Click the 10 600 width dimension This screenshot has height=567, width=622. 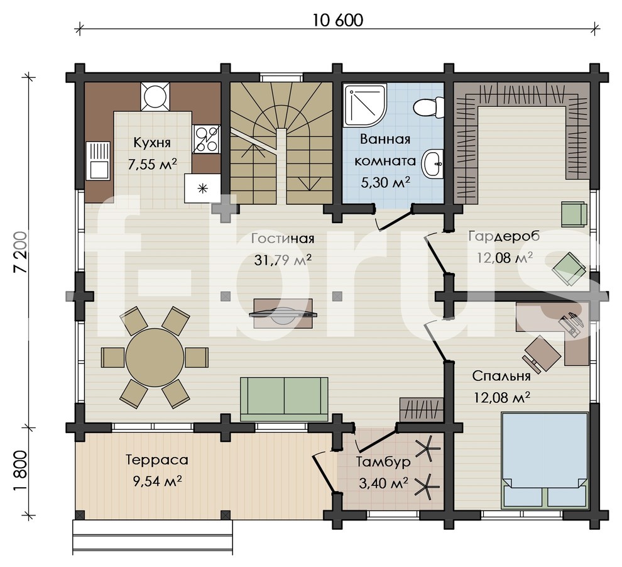click(338, 21)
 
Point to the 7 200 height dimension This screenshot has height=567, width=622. click(21, 252)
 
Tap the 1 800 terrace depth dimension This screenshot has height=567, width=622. click(21, 471)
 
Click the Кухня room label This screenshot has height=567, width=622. click(152, 143)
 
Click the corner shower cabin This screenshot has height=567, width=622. click(364, 105)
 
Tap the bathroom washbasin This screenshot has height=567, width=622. click(433, 163)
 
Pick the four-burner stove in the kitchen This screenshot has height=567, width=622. click(206, 140)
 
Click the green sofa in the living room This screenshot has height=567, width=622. click(284, 399)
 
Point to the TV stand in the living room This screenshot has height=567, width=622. click(283, 314)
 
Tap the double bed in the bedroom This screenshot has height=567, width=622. click(544, 460)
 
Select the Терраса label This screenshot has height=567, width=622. click(157, 460)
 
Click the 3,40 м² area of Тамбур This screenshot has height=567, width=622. click(384, 483)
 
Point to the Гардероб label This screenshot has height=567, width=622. click(504, 236)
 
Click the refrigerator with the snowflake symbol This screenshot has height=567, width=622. click(203, 189)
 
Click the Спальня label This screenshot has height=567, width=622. click(501, 376)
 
